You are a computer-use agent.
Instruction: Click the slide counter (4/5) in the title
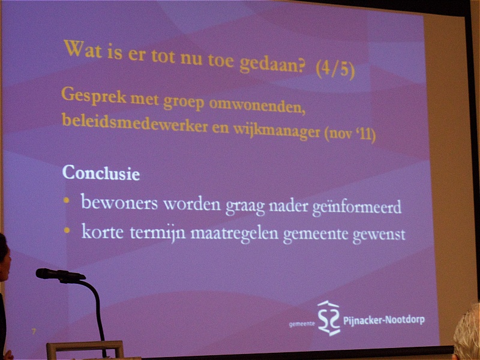click(335, 70)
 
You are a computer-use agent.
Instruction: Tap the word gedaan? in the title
click(272, 64)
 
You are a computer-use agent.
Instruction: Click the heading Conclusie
click(101, 173)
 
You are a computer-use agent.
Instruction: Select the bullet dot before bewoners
click(67, 200)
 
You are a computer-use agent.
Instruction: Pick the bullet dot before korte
click(67, 230)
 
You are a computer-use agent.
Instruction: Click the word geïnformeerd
click(356, 208)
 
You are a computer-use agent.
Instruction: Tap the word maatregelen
click(234, 233)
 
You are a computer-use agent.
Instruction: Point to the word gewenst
click(379, 235)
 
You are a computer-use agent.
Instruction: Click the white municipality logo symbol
click(329, 318)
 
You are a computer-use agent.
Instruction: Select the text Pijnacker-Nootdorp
click(384, 320)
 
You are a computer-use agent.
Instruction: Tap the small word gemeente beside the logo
click(302, 324)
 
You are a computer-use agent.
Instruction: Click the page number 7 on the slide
click(34, 331)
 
